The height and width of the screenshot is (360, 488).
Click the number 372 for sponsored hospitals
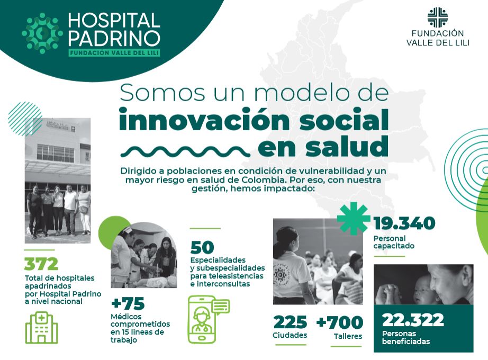pyautogui.click(x=41, y=264)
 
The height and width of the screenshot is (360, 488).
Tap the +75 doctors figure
pyautogui.click(x=128, y=303)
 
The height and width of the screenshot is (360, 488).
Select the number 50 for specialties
pyautogui.click(x=202, y=248)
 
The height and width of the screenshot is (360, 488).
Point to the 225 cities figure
pyautogui.click(x=290, y=322)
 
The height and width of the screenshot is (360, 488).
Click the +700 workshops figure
pyautogui.click(x=340, y=322)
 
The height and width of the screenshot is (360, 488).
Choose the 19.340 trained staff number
pyautogui.click(x=404, y=223)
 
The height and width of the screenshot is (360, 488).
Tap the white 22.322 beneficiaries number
pyautogui.click(x=413, y=320)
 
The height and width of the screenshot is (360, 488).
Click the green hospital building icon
pyautogui.click(x=41, y=327)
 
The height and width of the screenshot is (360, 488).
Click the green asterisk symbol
pyautogui.click(x=354, y=218)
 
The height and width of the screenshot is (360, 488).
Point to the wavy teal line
pyautogui.click(x=185, y=151)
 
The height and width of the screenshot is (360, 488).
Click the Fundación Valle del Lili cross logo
pyautogui.click(x=438, y=17)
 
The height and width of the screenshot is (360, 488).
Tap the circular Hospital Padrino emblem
pyautogui.click(x=42, y=33)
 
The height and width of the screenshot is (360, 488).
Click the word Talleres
pyautogui.click(x=348, y=336)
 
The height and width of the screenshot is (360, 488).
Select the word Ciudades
pyautogui.click(x=290, y=336)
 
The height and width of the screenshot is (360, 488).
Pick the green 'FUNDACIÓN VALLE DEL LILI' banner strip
pyautogui.click(x=114, y=53)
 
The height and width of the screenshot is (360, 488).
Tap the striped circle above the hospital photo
pyautogui.click(x=25, y=119)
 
